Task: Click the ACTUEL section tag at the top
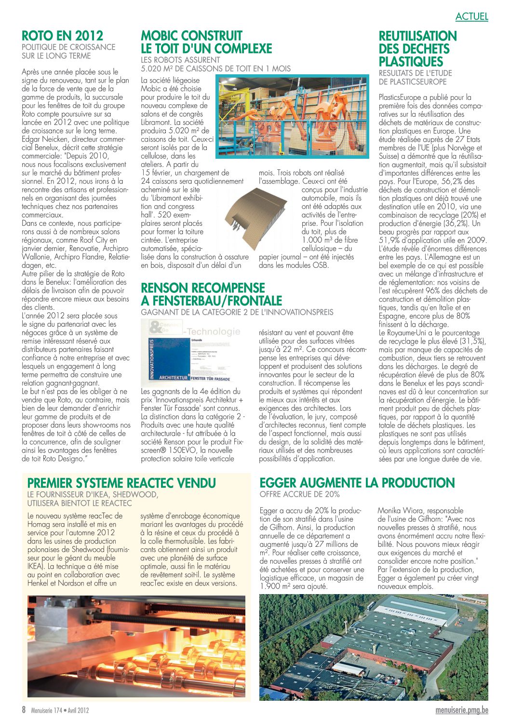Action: (x=471, y=16)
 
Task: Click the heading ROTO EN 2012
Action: (x=62, y=36)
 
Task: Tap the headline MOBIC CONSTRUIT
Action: (x=191, y=36)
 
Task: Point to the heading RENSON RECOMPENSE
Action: (x=203, y=288)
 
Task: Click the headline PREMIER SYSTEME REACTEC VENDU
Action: (x=121, y=483)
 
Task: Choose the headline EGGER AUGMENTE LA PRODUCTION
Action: (x=357, y=483)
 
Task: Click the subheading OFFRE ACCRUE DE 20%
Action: (x=299, y=494)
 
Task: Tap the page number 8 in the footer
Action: (x=24, y=710)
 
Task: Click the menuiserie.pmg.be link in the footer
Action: (x=461, y=710)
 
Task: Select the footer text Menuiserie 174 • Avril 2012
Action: (x=60, y=710)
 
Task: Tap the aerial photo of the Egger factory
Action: (x=373, y=647)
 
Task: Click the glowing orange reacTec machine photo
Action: (x=136, y=647)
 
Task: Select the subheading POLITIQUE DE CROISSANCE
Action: (x=68, y=47)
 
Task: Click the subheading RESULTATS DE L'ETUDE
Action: (x=415, y=73)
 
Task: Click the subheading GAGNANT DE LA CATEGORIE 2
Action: (x=237, y=312)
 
